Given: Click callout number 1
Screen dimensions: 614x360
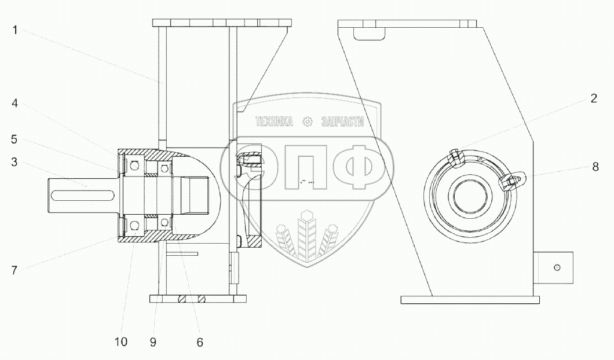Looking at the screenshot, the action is click(x=15, y=30).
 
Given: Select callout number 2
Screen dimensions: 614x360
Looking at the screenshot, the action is click(x=594, y=98).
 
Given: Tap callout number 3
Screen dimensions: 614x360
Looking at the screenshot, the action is click(x=14, y=162).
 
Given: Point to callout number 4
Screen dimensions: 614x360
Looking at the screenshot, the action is click(x=14, y=103).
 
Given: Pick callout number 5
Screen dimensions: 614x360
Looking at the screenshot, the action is click(x=14, y=139).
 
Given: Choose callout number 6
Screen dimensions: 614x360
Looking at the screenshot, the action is click(x=200, y=343).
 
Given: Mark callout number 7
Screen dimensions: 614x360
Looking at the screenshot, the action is click(x=14, y=270).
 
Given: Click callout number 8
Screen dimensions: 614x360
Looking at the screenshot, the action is click(x=595, y=167).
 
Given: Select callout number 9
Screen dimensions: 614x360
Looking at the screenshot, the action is click(x=153, y=343).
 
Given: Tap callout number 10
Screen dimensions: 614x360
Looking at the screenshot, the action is click(x=121, y=341).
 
